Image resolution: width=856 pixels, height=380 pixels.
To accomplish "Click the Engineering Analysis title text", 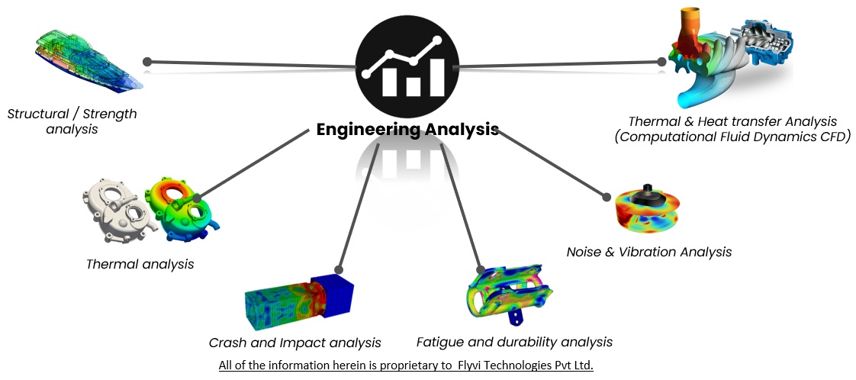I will pos(407,129).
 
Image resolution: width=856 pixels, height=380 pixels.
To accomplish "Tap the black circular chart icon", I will pos(407,60).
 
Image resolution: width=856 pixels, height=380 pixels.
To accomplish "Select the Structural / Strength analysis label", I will pos(72,121).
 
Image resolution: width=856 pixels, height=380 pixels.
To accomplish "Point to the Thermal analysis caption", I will pos(140,264).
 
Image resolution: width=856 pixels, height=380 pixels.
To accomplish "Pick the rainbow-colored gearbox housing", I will pos(185,207).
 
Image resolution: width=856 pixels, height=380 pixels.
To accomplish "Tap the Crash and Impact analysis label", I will pos(294,343).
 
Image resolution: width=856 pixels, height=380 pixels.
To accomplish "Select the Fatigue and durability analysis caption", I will pos(514,341).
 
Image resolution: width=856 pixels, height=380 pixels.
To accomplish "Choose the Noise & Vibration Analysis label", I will pos(648,251).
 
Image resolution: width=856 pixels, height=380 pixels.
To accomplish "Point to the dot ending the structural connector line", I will pos(147,62).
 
